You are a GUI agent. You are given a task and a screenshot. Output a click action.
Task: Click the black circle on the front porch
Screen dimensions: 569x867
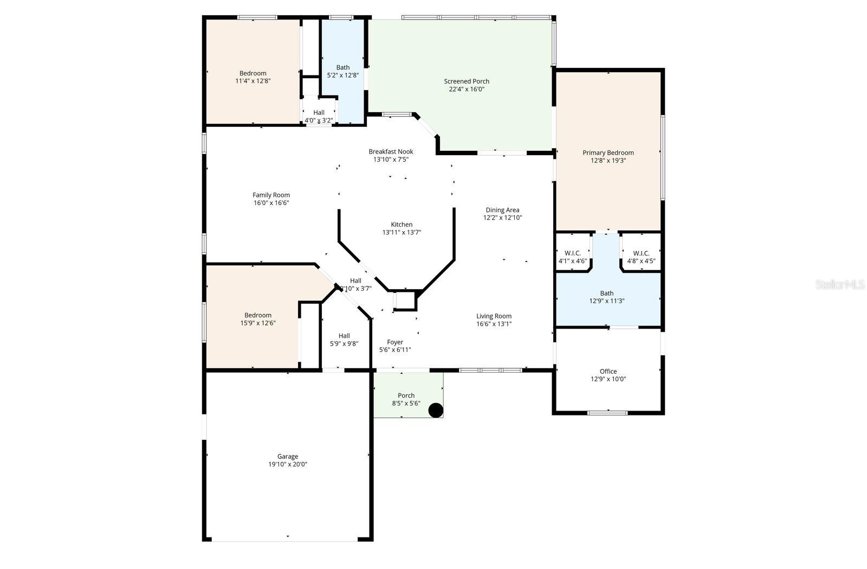click(x=436, y=411)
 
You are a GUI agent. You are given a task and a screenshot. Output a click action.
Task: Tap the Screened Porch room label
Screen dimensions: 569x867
click(x=467, y=81)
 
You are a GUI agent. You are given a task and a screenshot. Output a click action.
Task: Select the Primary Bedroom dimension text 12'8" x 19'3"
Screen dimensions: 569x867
click(x=608, y=161)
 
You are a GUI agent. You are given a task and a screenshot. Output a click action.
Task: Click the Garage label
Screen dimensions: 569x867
click(x=288, y=457)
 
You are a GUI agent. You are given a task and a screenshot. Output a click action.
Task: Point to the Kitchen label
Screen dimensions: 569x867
click(x=402, y=225)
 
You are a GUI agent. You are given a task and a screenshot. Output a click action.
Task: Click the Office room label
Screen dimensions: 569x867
click(x=608, y=372)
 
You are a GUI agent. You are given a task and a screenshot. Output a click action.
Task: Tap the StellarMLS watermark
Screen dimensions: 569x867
click(x=840, y=285)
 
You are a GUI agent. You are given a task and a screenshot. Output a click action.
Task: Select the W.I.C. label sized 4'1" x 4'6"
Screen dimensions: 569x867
click(x=573, y=253)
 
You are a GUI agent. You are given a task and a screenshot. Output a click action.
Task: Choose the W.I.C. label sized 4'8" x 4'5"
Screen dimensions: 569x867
click(x=641, y=253)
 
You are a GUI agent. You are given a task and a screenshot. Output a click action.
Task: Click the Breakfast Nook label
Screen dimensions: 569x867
click(x=391, y=152)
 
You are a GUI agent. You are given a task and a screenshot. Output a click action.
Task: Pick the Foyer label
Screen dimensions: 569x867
click(x=395, y=342)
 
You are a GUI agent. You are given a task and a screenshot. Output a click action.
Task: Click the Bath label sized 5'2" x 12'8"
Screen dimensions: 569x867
click(x=342, y=68)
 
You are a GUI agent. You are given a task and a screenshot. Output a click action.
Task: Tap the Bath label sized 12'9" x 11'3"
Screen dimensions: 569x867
click(x=607, y=293)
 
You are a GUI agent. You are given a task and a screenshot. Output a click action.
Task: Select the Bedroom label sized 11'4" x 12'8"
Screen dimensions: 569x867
click(x=253, y=74)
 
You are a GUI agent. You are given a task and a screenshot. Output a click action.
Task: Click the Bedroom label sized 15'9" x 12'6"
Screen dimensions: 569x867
click(x=257, y=315)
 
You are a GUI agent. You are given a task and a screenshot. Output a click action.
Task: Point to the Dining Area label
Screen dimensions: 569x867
click(x=502, y=210)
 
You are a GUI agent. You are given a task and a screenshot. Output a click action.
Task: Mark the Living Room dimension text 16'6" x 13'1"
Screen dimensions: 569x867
click(x=494, y=324)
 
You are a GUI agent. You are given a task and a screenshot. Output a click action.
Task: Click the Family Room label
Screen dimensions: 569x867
click(x=271, y=195)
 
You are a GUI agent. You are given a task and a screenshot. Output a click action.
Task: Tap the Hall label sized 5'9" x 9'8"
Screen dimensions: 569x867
click(x=344, y=336)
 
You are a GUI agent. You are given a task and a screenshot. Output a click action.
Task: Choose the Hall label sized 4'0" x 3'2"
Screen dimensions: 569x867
click(x=319, y=113)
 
